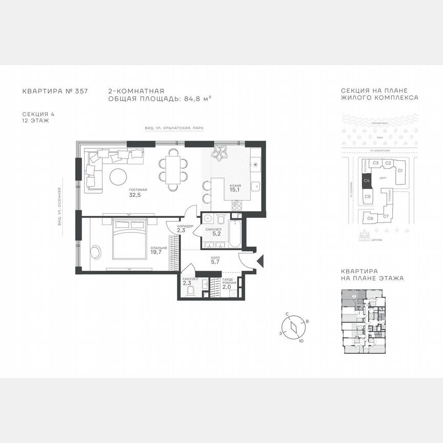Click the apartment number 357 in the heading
tap(82, 91)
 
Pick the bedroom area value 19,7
tap(156, 252)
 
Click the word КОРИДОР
tap(185, 226)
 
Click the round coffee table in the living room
tap(118, 177)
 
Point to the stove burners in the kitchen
tap(237, 205)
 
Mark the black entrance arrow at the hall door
tap(260, 260)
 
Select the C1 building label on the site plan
tap(401, 170)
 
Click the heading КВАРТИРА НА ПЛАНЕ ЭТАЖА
tap(372, 275)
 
